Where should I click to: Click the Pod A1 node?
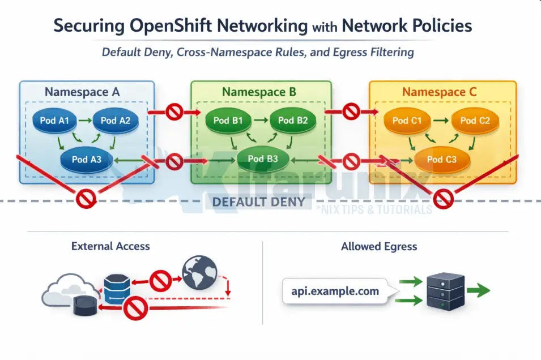click(54, 120)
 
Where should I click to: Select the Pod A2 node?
click(116, 120)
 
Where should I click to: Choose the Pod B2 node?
click(293, 120)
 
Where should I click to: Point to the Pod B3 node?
click(263, 159)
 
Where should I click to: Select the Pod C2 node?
click(475, 120)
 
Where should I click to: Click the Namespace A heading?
click(82, 92)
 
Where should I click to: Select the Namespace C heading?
click(440, 92)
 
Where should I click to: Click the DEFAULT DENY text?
click(258, 202)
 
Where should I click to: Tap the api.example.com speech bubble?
click(335, 292)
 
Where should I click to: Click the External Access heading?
click(110, 246)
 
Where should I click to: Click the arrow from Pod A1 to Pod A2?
click(85, 120)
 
